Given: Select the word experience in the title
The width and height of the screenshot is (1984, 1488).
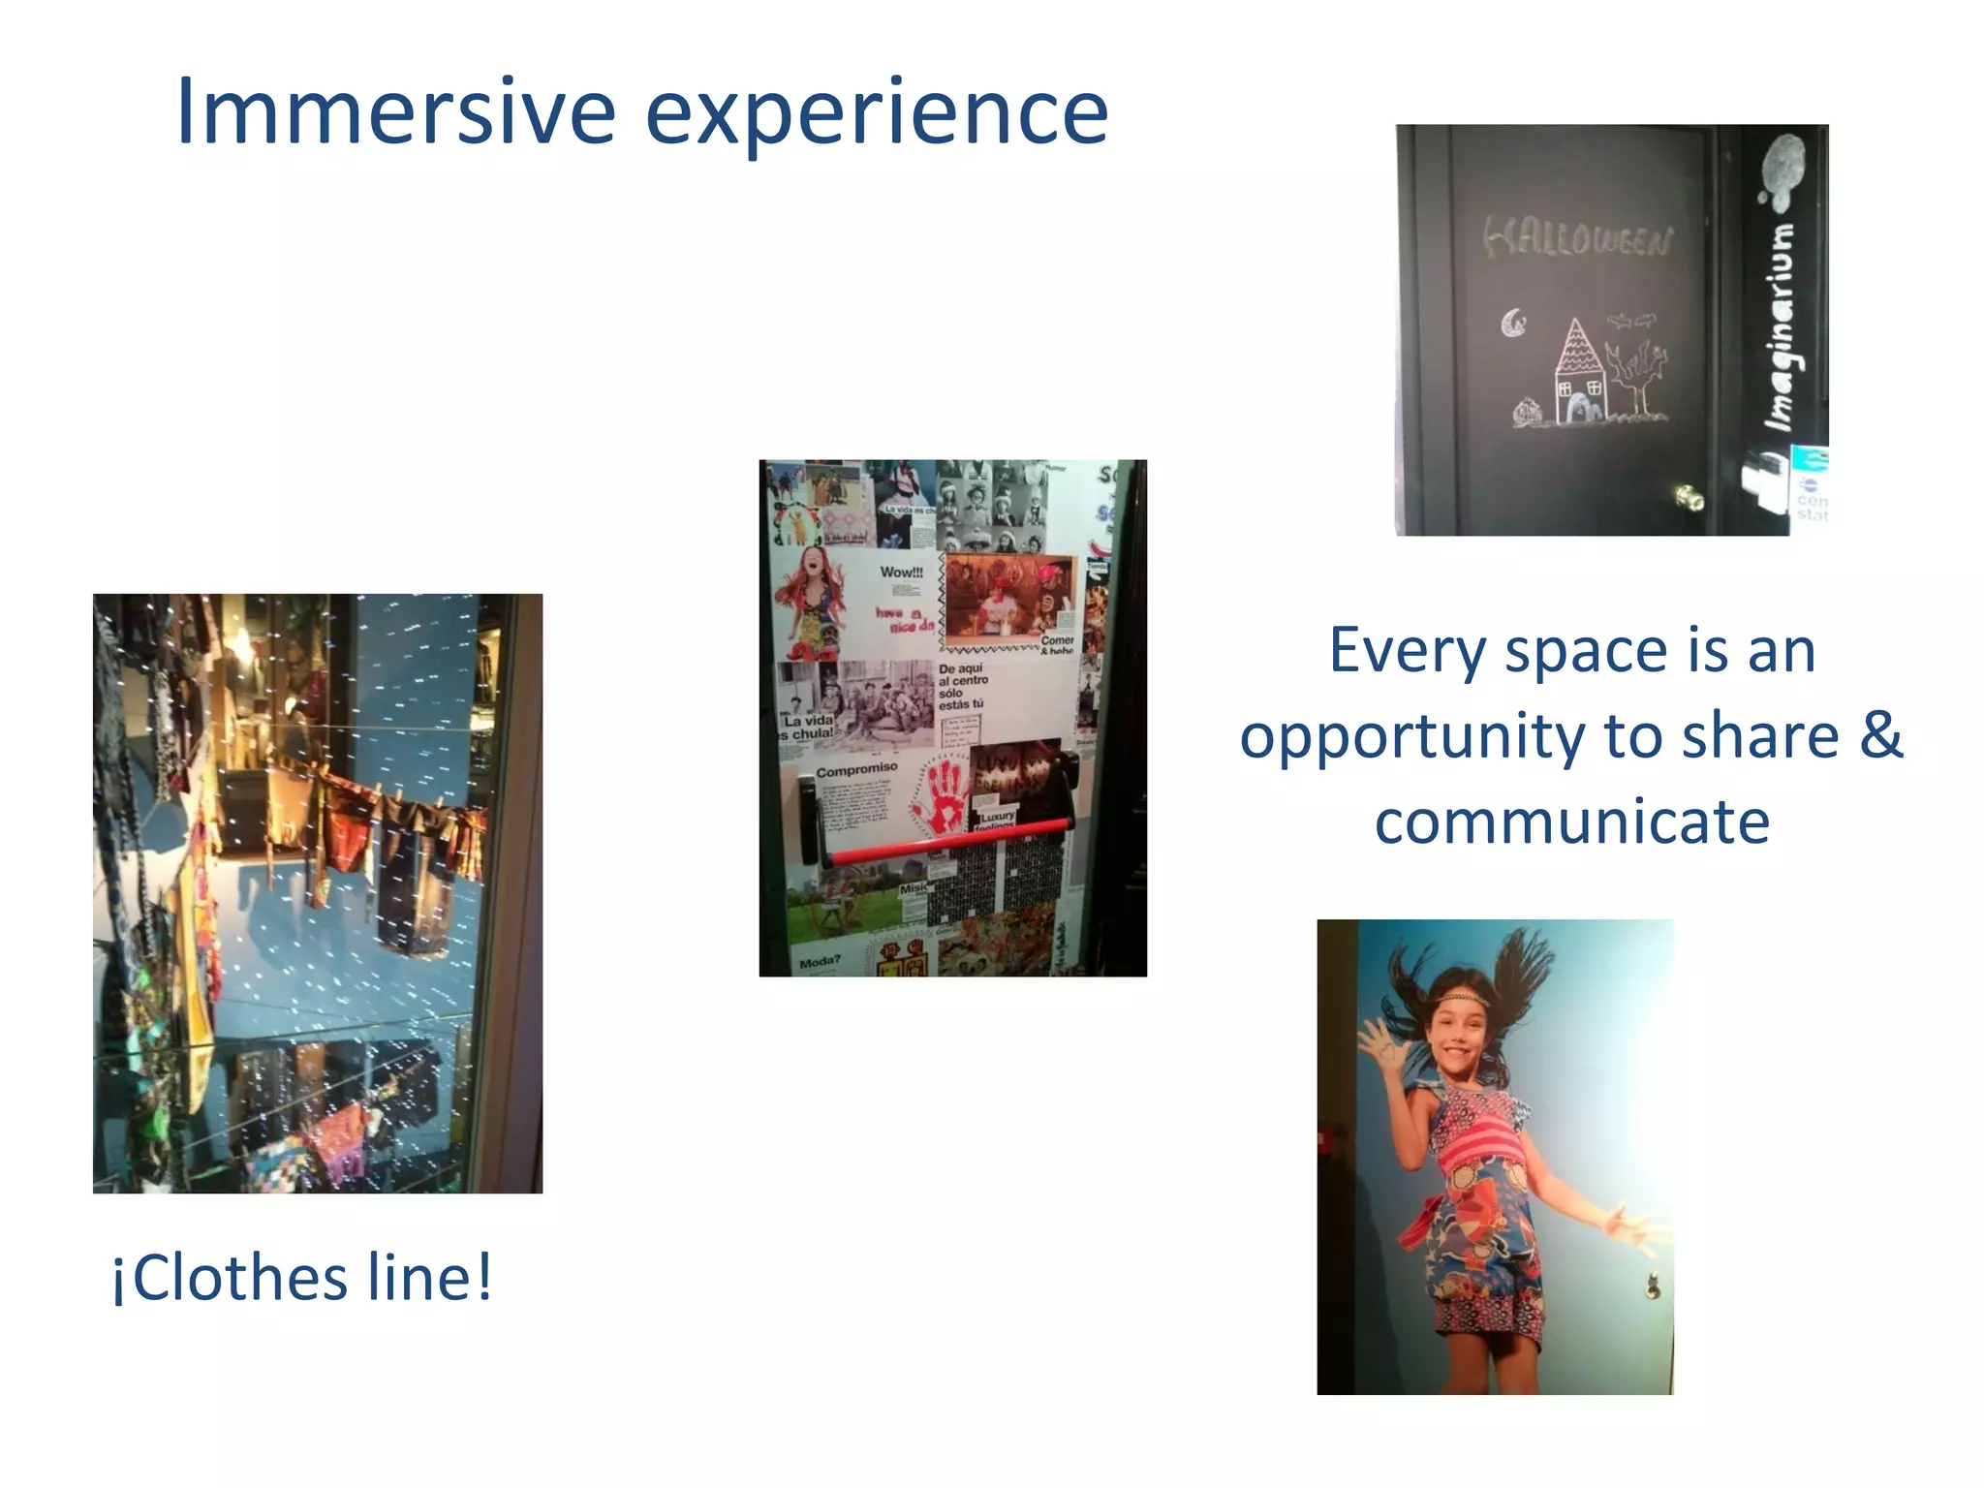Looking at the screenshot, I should tap(877, 114).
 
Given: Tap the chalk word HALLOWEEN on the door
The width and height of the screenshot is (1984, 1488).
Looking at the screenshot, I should tap(1578, 238).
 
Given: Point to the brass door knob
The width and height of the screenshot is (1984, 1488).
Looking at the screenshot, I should tap(1689, 498).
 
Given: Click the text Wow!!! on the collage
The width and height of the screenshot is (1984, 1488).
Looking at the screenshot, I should tap(901, 573).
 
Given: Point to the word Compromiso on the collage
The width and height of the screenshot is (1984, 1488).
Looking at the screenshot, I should tap(856, 770).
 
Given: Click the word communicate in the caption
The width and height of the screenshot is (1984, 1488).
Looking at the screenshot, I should tap(1571, 821).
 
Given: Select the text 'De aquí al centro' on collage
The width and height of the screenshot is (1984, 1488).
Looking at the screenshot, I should tap(962, 674).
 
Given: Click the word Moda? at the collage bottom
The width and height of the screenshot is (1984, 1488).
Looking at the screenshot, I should tap(820, 962).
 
